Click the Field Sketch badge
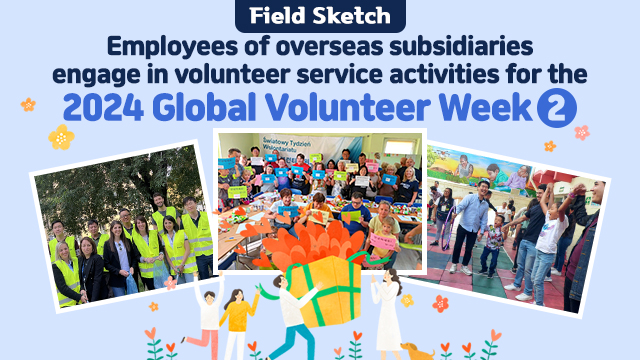[x=320, y=15]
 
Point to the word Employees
[x=164, y=45]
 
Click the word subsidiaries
[x=451, y=45]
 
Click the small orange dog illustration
[x=415, y=349]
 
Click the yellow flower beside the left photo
[x=61, y=137]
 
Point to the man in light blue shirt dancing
[x=468, y=225]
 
